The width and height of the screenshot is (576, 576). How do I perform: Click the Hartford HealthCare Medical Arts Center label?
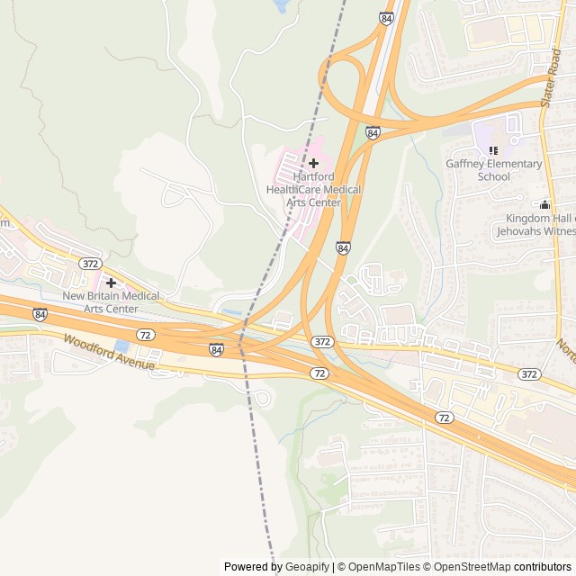313,190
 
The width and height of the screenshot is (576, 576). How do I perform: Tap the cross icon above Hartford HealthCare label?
313,163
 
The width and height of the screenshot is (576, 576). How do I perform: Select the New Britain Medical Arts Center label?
111,302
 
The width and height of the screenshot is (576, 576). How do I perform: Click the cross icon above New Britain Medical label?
111,283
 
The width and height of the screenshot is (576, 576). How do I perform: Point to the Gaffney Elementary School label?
494,170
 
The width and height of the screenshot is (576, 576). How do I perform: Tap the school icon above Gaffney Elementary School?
492,149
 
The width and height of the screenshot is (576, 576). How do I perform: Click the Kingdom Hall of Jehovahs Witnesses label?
535,224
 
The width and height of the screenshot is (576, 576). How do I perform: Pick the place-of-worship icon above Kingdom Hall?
544,205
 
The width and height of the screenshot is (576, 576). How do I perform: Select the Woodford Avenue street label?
109,352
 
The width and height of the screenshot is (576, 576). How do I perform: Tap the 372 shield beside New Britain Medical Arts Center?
89,264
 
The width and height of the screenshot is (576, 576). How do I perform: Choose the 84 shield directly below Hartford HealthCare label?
343,247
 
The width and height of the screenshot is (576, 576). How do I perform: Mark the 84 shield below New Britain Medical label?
40,314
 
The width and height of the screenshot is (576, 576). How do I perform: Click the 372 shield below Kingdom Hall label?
529,373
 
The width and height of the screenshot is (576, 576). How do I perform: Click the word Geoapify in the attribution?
307,567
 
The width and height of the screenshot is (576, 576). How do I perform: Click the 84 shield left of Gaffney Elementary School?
373,133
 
